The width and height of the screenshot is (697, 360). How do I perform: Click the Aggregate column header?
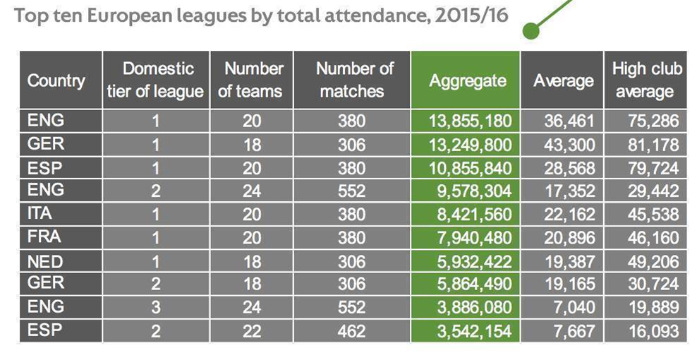(468, 80)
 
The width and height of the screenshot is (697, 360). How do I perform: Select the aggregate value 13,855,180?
(470, 121)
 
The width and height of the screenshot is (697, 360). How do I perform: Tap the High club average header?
(647, 80)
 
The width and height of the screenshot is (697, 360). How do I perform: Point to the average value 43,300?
(569, 145)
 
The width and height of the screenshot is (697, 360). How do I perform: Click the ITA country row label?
(40, 213)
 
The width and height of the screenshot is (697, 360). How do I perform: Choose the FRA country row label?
(44, 236)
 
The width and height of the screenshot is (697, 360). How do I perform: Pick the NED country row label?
(45, 261)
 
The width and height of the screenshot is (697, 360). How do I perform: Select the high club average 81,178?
(653, 145)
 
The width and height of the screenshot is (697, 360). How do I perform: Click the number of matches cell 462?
(351, 331)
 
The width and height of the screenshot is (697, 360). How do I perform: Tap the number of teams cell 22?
(252, 331)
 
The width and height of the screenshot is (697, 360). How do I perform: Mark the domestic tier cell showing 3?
(156, 308)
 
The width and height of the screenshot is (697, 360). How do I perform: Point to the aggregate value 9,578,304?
(474, 191)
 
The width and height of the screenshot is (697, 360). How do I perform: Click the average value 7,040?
(574, 308)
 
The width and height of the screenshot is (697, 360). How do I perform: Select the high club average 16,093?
(653, 331)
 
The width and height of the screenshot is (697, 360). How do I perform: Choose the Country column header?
(56, 80)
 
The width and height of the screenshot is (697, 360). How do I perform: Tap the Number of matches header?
(354, 80)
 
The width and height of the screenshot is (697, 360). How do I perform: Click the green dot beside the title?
(531, 30)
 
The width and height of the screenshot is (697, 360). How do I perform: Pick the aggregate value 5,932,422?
(474, 261)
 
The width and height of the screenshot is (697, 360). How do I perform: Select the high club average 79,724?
(653, 168)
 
